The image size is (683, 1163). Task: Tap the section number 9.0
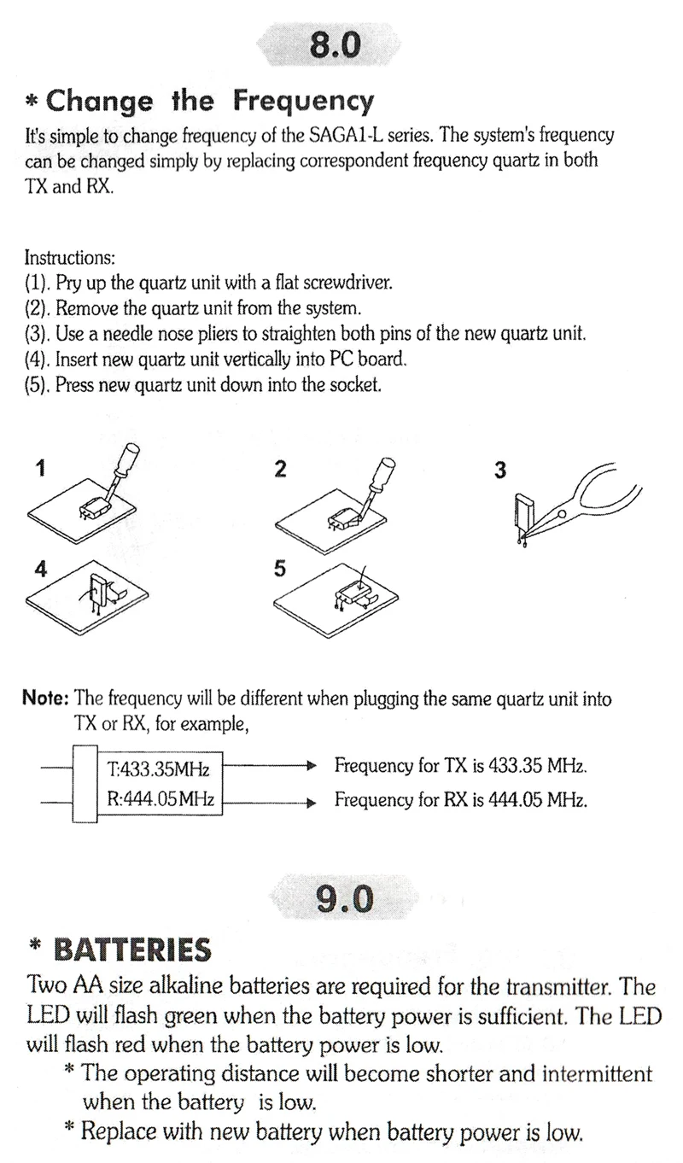pyautogui.click(x=344, y=898)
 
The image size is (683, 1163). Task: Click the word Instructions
pyautogui.click(x=69, y=257)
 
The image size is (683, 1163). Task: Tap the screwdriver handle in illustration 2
pyautogui.click(x=388, y=470)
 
